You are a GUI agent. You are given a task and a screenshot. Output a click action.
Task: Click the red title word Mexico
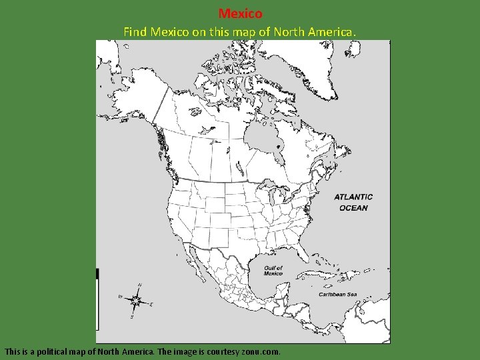point(240,13)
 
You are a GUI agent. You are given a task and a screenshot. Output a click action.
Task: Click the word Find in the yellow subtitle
point(135,31)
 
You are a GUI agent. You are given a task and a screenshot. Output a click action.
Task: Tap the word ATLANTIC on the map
point(353,197)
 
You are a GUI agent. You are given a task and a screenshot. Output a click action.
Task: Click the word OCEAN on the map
point(353,207)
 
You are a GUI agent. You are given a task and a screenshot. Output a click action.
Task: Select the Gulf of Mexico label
point(273,271)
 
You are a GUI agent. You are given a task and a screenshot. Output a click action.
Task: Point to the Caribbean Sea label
point(337,295)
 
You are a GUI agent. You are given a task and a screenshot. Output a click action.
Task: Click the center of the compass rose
point(137,301)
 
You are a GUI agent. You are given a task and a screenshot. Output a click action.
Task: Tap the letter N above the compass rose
point(139,285)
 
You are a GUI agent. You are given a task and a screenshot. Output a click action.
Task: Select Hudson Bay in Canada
point(261,137)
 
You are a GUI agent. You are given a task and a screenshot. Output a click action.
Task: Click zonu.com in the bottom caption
point(259,351)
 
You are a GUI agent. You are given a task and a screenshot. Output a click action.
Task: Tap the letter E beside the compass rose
point(151,305)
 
